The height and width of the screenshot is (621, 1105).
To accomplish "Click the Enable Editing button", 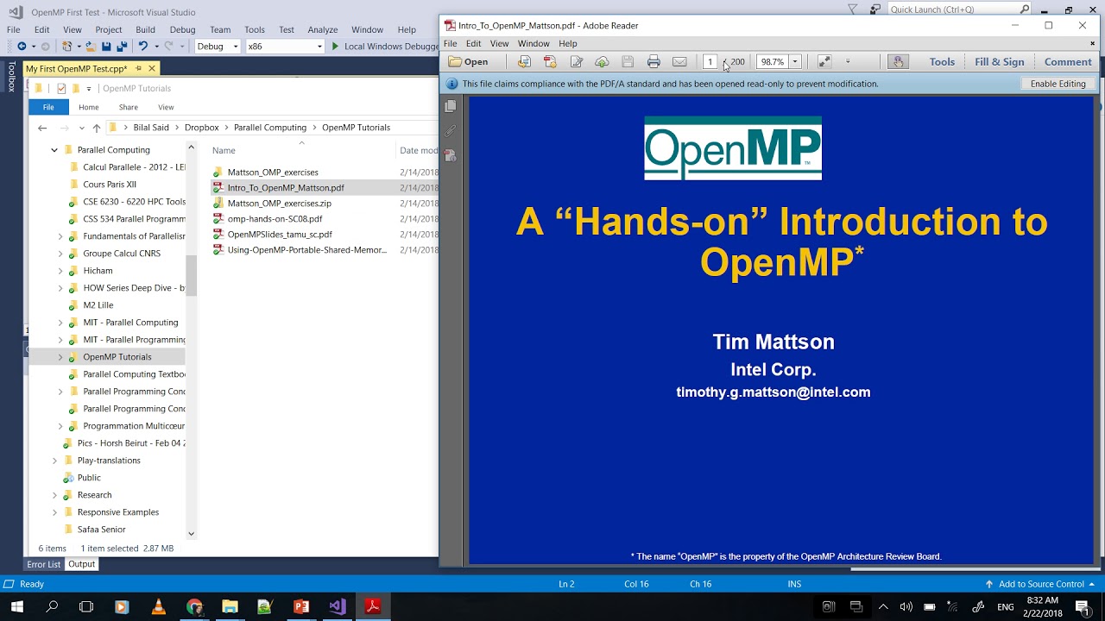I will tap(1058, 84).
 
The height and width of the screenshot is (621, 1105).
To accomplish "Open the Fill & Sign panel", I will tap(999, 61).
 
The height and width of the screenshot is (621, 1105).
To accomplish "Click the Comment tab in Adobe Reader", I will tap(1067, 61).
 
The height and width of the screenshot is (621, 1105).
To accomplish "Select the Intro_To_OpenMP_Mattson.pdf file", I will tap(285, 187).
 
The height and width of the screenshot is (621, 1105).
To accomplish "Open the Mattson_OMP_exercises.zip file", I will tap(279, 203).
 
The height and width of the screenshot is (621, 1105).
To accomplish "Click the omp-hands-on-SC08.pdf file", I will tap(275, 218).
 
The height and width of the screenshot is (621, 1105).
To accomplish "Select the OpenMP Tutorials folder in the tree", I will tap(117, 356).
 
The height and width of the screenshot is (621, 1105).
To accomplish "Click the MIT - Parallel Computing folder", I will tap(129, 322).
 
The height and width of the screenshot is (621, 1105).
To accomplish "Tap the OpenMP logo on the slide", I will tap(732, 148).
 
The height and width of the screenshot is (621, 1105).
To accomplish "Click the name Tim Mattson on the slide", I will tap(773, 342).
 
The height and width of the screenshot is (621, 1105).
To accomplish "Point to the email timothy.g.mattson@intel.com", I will tap(773, 392).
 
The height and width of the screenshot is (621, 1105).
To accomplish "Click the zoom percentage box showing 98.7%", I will tap(772, 61).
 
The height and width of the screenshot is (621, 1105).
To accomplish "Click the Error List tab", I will tap(43, 564).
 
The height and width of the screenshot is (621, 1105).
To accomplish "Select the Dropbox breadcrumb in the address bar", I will tap(201, 127).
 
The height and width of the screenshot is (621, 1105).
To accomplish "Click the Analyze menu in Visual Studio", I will tap(322, 29).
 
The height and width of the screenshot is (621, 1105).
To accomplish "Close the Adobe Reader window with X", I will tap(1082, 25).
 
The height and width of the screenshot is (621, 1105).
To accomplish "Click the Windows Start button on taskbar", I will tap(16, 606).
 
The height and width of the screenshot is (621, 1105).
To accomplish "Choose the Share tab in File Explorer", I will tap(128, 107).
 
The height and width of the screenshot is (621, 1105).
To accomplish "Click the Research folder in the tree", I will tap(94, 494).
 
